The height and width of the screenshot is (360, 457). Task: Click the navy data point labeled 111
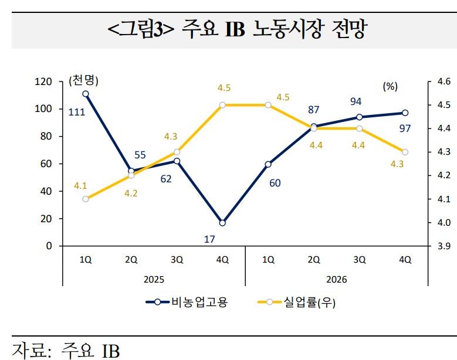[86, 94]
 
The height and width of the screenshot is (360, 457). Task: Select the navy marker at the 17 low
[222, 223]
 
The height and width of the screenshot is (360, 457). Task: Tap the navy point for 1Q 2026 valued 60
[268, 164]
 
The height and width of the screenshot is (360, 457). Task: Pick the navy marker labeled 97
[405, 113]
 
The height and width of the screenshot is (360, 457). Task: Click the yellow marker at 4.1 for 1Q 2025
[86, 199]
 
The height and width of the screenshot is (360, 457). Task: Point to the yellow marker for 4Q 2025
[222, 105]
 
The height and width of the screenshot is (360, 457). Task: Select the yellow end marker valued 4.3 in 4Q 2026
[405, 152]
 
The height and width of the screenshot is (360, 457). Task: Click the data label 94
[356, 102]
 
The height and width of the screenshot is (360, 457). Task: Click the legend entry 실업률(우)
[297, 303]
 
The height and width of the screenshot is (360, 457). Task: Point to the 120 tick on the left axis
[45, 82]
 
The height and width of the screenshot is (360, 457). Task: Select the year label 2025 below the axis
[154, 280]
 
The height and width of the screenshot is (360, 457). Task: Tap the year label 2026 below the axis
[336, 280]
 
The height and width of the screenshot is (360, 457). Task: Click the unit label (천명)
[83, 80]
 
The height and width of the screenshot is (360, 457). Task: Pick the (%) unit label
[390, 86]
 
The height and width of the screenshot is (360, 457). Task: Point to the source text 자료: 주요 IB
[66, 350]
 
